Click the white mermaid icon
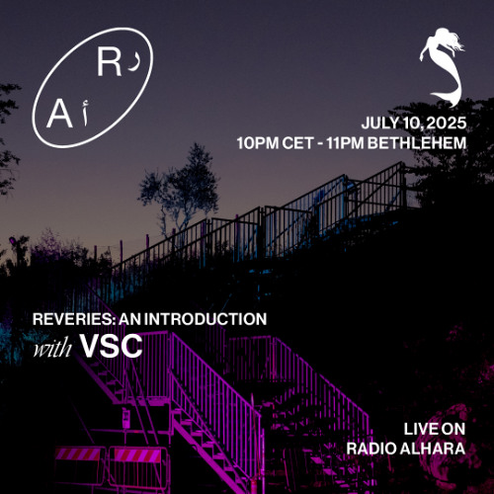(x=443, y=64)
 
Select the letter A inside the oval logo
(x=56, y=118)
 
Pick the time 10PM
(x=259, y=142)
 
